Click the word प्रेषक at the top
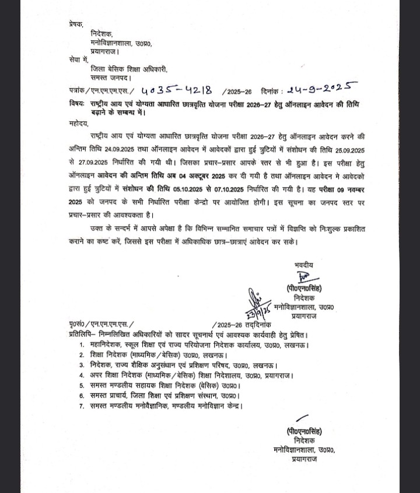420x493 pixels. (75, 24)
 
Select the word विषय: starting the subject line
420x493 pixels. (76, 103)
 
